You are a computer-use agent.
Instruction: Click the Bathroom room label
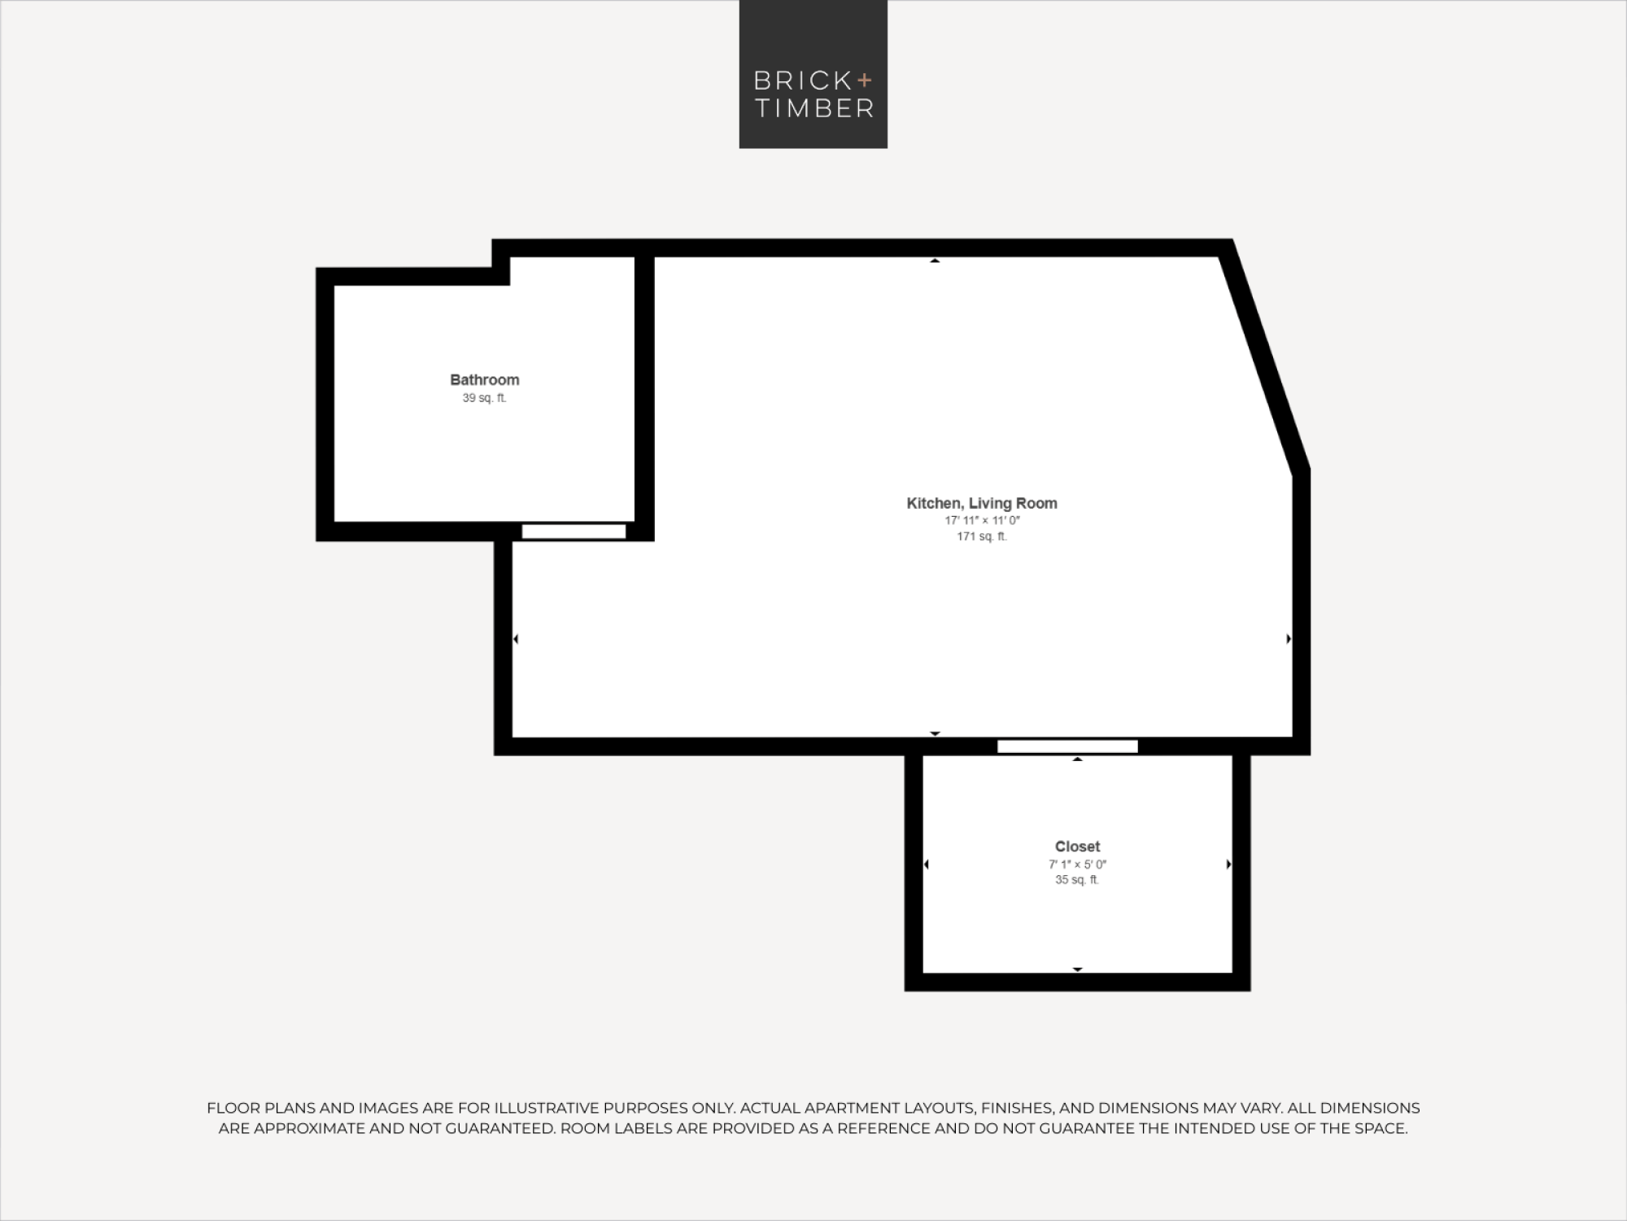pyautogui.click(x=485, y=379)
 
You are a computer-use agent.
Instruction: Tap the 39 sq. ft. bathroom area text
pyautogui.click(x=485, y=398)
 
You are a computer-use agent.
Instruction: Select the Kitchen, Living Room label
pyautogui.click(x=982, y=503)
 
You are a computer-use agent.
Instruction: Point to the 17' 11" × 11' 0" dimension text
pyautogui.click(x=982, y=520)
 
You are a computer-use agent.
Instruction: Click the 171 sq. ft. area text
pyautogui.click(x=982, y=536)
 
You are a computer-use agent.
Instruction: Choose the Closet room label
pyautogui.click(x=1077, y=847)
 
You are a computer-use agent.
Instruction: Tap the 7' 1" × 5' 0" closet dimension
pyautogui.click(x=1077, y=864)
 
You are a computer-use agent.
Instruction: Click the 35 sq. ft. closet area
pyautogui.click(x=1077, y=880)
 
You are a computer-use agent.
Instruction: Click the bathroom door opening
pyautogui.click(x=574, y=532)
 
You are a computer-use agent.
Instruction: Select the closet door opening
pyautogui.click(x=1067, y=746)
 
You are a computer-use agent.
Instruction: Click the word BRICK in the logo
pyautogui.click(x=802, y=81)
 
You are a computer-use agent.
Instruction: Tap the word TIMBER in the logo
pyautogui.click(x=814, y=108)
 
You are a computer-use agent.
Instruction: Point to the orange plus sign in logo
pyautogui.click(x=864, y=80)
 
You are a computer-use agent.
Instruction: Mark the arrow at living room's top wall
pyautogui.click(x=935, y=260)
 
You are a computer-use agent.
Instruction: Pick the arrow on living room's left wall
pyautogui.click(x=516, y=639)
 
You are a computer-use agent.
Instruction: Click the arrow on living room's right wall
pyautogui.click(x=1289, y=639)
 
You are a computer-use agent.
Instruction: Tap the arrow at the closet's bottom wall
pyautogui.click(x=1077, y=969)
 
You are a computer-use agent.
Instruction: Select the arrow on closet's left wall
pyautogui.click(x=927, y=864)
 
